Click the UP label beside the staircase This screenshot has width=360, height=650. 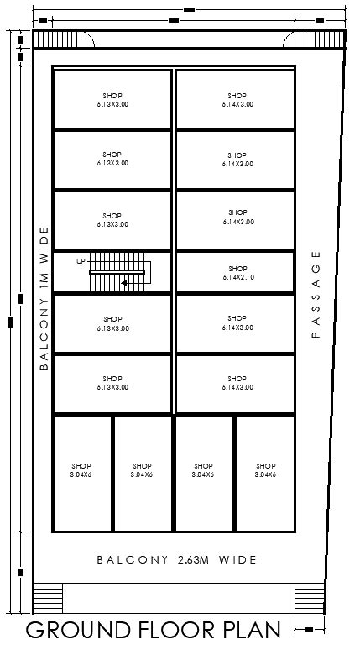click(x=81, y=261)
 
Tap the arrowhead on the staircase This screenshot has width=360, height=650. click(x=124, y=284)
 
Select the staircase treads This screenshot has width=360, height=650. click(x=117, y=272)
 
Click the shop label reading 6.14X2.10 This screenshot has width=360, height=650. click(x=238, y=277)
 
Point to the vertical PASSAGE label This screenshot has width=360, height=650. click(x=316, y=293)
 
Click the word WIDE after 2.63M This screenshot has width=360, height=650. click(x=238, y=559)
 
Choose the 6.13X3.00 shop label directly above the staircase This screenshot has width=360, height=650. click(x=112, y=224)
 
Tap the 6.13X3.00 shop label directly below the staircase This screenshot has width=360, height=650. click(x=112, y=328)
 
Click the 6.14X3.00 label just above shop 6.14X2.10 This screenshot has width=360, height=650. click(x=238, y=222)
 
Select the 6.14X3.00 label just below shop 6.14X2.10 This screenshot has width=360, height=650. click(x=238, y=328)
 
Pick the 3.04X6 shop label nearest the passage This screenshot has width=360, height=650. click(x=265, y=474)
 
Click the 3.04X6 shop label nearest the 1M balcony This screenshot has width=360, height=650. click(x=81, y=474)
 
